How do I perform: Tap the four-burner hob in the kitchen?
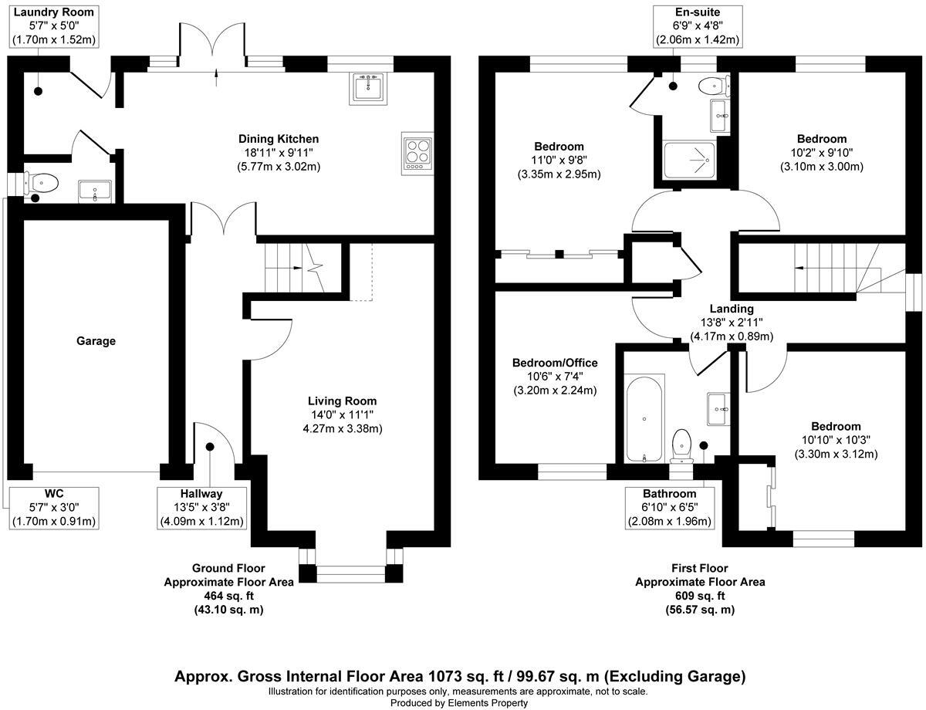(x=417, y=151)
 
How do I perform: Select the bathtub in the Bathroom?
(x=644, y=418)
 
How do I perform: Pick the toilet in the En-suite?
(x=711, y=85)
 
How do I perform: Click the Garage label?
(x=96, y=340)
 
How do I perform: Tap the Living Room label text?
(x=342, y=401)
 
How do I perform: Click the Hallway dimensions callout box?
(x=201, y=508)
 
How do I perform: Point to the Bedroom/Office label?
(x=555, y=363)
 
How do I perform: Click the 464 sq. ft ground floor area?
(x=228, y=596)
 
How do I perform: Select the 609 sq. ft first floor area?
(x=700, y=596)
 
